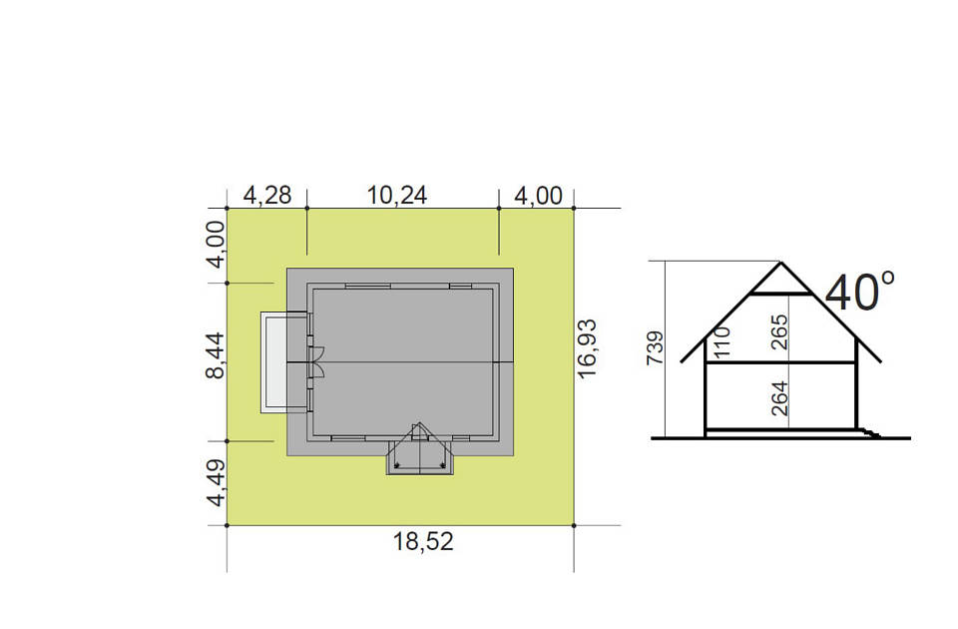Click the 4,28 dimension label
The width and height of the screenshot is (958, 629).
[x=267, y=196]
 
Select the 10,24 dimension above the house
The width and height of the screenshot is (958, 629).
[x=397, y=196]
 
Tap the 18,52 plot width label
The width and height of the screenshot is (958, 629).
[x=423, y=541]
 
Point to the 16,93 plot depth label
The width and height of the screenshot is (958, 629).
[x=587, y=348]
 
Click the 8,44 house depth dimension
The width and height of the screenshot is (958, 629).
[x=216, y=355]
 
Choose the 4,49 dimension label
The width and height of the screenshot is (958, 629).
[x=216, y=483]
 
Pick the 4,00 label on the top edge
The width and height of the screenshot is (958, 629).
[x=538, y=196]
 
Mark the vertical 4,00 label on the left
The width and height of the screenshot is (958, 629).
[x=216, y=245]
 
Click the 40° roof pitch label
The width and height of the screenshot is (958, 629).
[x=860, y=293]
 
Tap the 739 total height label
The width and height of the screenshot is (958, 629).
[x=655, y=348]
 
